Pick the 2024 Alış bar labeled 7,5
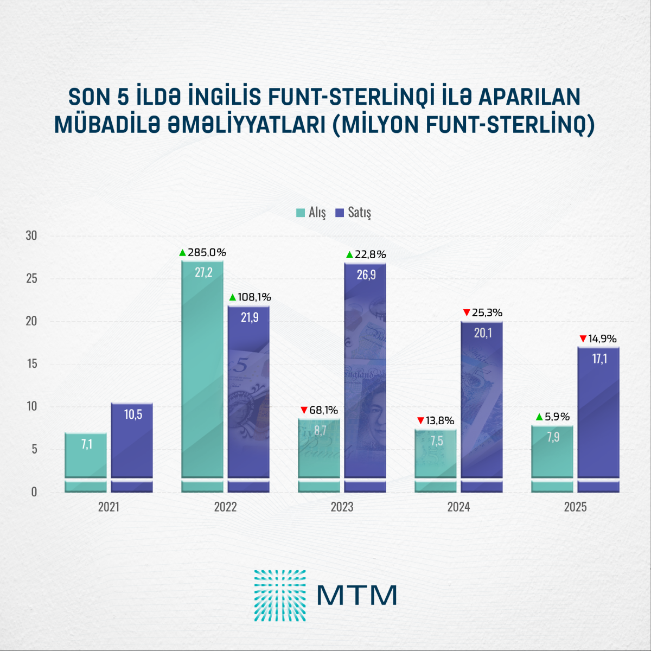point(436,461)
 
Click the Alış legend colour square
point(301,213)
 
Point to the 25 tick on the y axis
point(31,278)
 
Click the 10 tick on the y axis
point(31,406)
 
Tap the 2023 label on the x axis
point(342,507)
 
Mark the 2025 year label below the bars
point(575,507)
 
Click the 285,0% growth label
point(206,252)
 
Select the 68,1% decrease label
point(323,410)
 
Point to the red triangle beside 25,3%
point(467,312)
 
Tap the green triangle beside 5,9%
point(539,417)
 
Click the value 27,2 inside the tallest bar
point(203,272)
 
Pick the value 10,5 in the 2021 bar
point(133,415)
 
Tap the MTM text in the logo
point(357,596)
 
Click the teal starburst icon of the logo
point(280,596)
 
